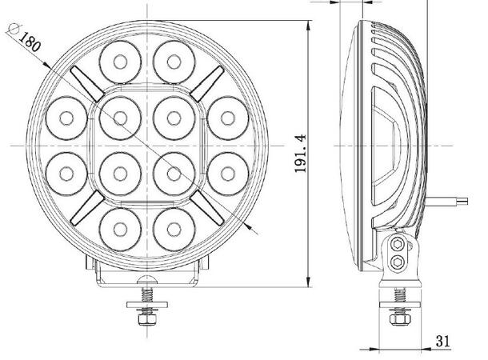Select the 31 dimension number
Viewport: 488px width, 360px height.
pyautogui.click(x=442, y=341)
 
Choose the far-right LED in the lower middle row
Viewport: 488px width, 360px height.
pyautogui.click(x=228, y=170)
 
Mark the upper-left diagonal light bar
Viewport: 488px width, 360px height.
pyautogui.click(x=83, y=81)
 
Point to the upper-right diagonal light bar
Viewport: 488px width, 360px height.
pyautogui.click(x=209, y=81)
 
